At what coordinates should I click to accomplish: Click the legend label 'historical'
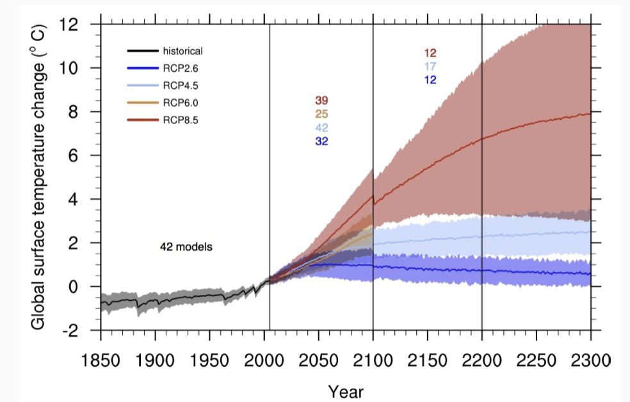tap(182, 51)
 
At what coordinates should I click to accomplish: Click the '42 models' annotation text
tap(186, 246)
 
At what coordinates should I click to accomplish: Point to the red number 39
tap(321, 101)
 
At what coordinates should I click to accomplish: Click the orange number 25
tap(321, 115)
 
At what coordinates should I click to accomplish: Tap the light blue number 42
tap(321, 128)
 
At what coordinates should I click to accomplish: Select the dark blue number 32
tap(321, 141)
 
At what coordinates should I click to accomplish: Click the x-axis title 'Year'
tap(346, 390)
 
